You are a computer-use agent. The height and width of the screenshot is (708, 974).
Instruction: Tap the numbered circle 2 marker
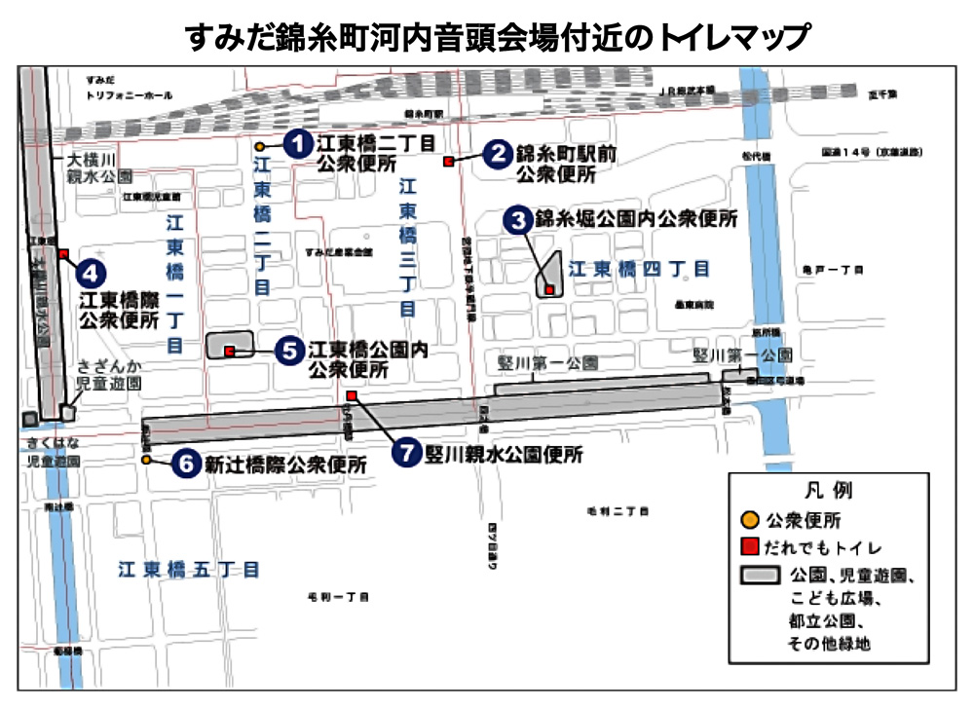pos(498,153)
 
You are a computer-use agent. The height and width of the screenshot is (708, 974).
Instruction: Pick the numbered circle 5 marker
pos(289,351)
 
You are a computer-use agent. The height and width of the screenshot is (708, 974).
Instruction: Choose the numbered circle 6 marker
pos(185,464)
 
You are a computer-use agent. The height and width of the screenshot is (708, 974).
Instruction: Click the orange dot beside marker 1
pos(261,147)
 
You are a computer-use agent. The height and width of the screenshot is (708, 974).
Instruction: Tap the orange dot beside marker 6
pos(146,459)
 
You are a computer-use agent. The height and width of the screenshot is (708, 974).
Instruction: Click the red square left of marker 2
pos(448,161)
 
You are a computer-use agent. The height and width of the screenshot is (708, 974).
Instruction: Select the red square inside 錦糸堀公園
pos(549,289)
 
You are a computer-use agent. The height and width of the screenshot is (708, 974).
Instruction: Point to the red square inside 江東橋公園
pos(229,351)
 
